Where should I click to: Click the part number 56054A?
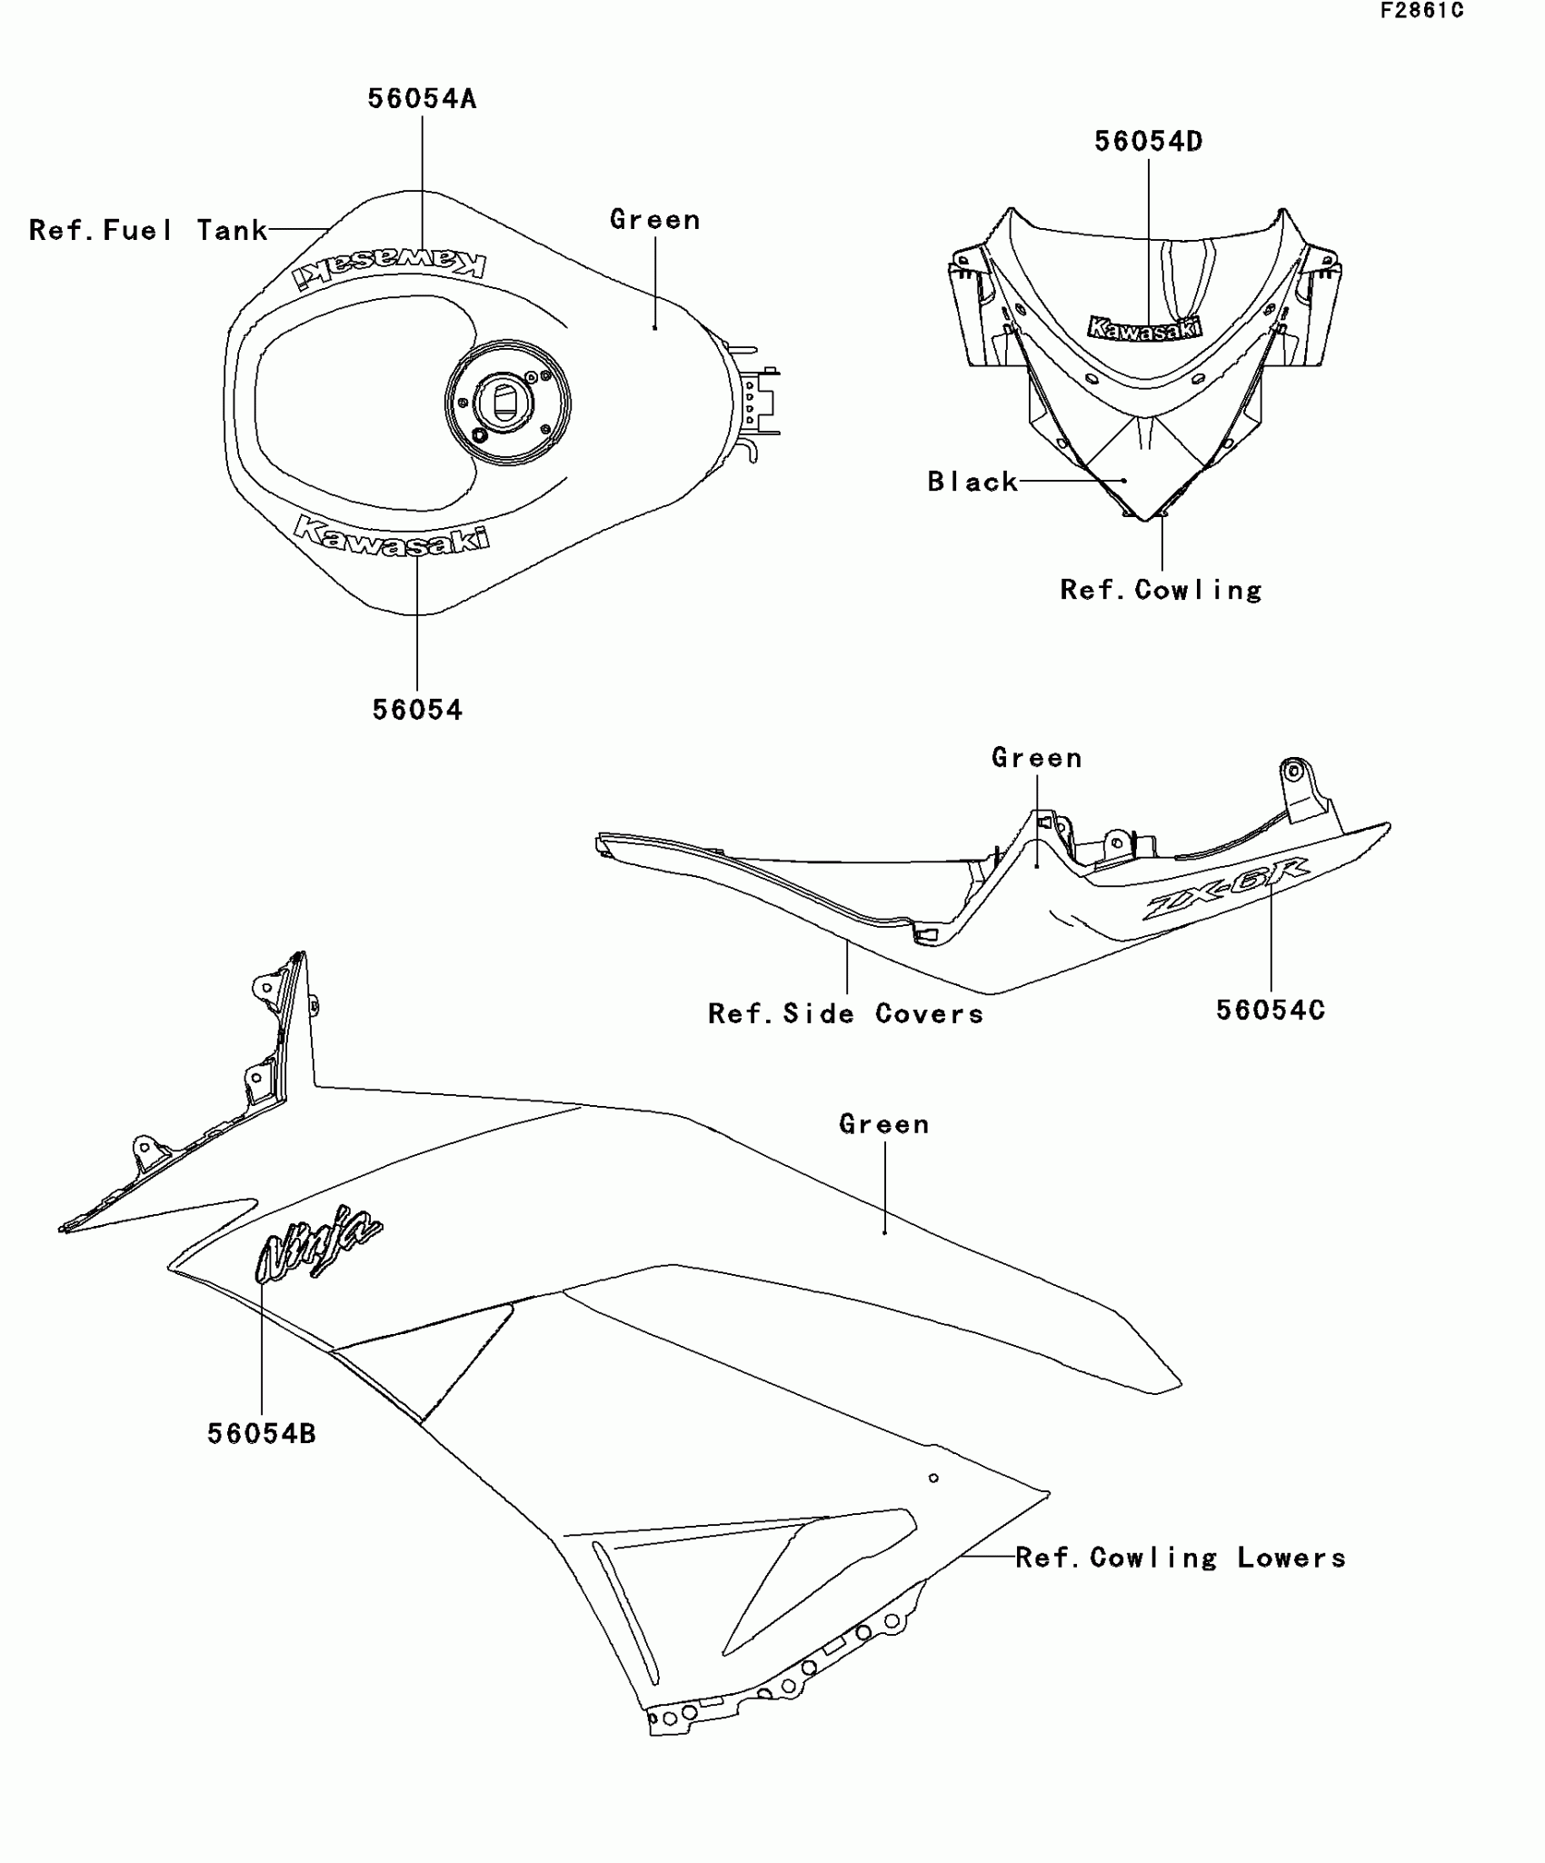pos(422,98)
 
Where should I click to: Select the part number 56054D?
pos(1148,141)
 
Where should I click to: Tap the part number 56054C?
pos(1271,1010)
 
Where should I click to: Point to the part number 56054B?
pos(262,1433)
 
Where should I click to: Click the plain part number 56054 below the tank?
pos(417,710)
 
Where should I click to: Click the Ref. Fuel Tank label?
pos(148,230)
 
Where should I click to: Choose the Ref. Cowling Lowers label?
pos(1181,1557)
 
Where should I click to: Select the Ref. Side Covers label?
pos(845,1013)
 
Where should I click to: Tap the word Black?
pos(972,481)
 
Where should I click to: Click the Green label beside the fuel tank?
pos(655,219)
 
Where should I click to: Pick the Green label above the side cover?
pos(1037,757)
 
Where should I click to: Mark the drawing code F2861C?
pos(1422,11)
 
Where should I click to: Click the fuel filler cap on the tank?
pos(507,401)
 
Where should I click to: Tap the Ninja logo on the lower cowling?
pos(318,1242)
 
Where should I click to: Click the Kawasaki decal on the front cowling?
pos(1144,328)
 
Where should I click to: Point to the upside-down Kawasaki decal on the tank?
pos(389,266)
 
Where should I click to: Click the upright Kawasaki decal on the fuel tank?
pos(391,535)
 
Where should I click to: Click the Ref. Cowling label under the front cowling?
pos(1161,590)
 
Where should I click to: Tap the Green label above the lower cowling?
pos(884,1123)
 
